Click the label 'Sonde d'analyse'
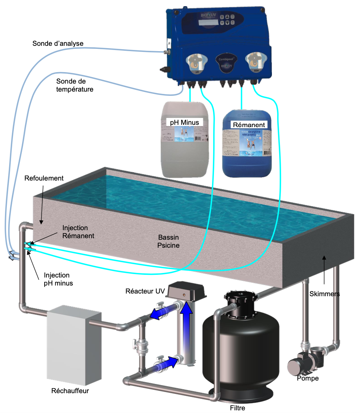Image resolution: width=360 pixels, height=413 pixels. click(x=58, y=43)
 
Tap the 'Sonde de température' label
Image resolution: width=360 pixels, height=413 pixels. click(x=75, y=85)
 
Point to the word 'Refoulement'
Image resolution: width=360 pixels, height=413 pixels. click(x=43, y=178)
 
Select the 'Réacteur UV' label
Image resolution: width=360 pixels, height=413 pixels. click(x=145, y=292)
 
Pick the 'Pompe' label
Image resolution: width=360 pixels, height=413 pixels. click(x=308, y=378)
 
